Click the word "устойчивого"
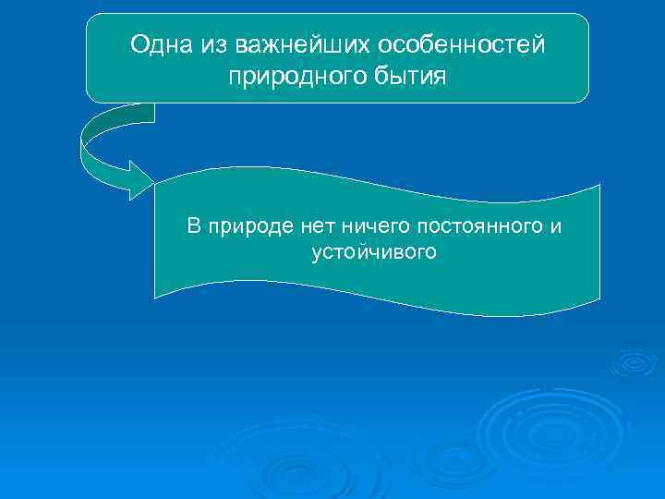373,251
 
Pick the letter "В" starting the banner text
193,225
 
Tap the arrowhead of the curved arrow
139,179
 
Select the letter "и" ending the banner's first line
556,225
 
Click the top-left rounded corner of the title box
92,20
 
